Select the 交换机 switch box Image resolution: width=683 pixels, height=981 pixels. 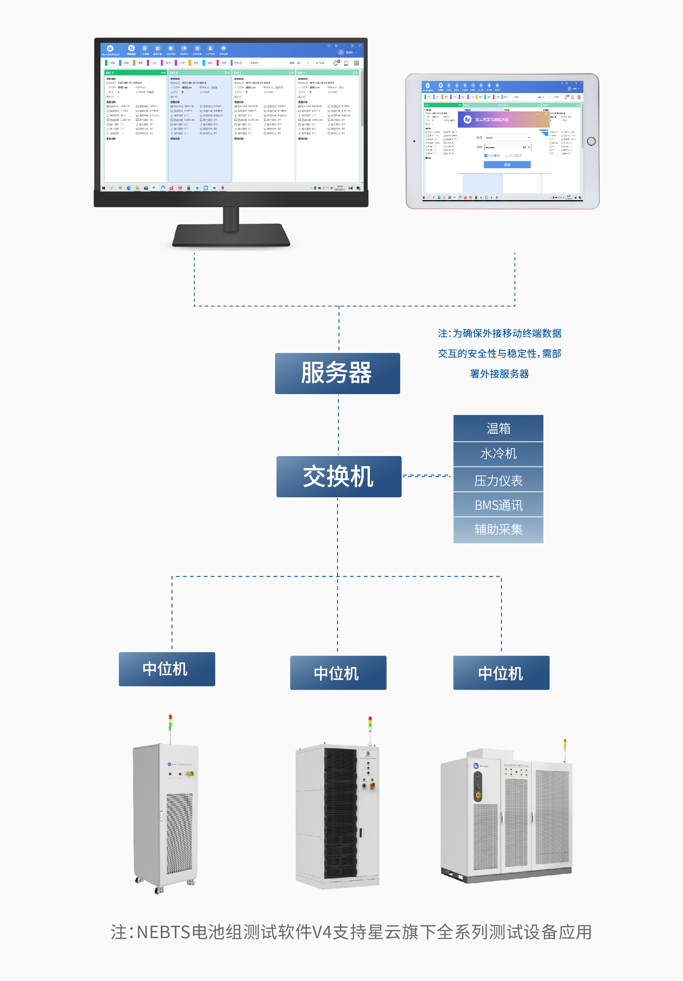(x=338, y=476)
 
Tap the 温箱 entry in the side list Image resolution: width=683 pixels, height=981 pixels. (x=498, y=428)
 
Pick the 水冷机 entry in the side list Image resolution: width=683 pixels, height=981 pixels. (x=498, y=454)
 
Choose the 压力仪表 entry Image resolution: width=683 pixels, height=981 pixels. (x=498, y=480)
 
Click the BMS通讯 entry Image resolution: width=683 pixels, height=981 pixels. (x=498, y=505)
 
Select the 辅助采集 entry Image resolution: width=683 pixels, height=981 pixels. (x=498, y=530)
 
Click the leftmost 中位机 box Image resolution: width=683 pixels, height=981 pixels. (x=167, y=669)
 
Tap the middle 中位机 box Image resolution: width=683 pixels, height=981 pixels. (x=338, y=673)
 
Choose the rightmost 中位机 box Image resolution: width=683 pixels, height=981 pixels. (x=501, y=673)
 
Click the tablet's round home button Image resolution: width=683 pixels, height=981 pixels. (x=591, y=141)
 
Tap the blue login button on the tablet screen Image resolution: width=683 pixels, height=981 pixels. (x=507, y=165)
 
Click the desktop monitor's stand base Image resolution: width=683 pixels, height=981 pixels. (x=231, y=237)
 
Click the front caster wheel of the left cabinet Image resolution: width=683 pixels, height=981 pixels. (x=159, y=890)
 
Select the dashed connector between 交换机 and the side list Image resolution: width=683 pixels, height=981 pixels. (x=426, y=476)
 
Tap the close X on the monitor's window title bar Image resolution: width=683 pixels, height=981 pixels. (x=360, y=45)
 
